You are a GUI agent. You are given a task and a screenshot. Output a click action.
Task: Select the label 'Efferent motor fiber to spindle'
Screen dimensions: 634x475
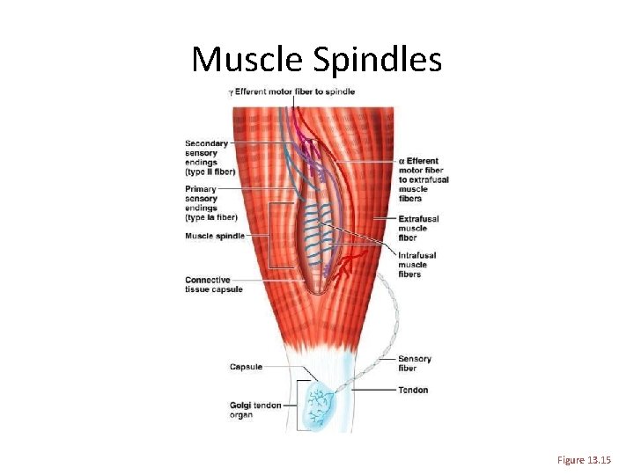pyautogui.click(x=295, y=91)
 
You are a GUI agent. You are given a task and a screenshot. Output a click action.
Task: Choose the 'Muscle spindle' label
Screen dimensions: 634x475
pyautogui.click(x=215, y=236)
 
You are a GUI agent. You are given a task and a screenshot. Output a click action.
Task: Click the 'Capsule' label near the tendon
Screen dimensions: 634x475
pyautogui.click(x=246, y=367)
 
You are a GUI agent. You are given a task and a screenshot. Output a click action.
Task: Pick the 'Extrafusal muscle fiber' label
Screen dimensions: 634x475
pyautogui.click(x=418, y=228)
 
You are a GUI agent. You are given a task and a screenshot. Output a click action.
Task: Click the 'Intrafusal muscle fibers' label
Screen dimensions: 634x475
pyautogui.click(x=417, y=265)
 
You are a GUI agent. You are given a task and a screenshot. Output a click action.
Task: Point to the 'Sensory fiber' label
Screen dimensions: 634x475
pyautogui.click(x=414, y=363)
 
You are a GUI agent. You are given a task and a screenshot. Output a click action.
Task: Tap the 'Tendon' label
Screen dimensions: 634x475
pyautogui.click(x=413, y=390)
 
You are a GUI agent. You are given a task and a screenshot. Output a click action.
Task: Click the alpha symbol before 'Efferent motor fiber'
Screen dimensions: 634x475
pyautogui.click(x=402, y=161)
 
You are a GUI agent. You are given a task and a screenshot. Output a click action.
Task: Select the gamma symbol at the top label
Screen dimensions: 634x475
pyautogui.click(x=231, y=91)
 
